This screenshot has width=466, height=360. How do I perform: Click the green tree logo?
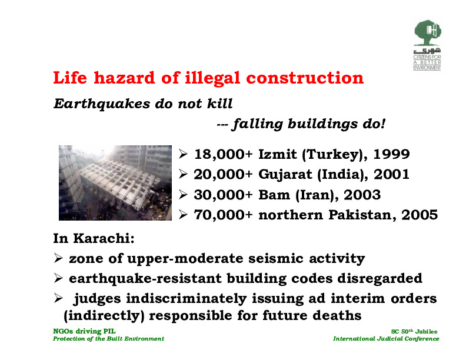point(427,33)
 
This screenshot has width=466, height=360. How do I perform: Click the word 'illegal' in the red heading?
point(212,78)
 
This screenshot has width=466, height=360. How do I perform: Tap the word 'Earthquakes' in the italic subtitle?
point(102,104)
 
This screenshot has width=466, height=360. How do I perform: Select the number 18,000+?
point(223,155)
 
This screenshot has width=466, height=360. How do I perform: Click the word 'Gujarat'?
point(285,175)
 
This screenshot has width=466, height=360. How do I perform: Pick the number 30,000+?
point(223,195)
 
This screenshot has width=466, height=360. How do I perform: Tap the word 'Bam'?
point(274,195)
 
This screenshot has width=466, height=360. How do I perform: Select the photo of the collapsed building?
point(115,183)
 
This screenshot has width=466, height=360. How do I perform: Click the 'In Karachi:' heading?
point(94,238)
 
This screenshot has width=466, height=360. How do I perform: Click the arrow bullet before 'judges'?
point(58,298)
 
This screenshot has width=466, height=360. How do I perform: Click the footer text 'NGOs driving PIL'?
point(84,331)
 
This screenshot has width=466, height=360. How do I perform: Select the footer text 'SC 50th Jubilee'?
point(414,331)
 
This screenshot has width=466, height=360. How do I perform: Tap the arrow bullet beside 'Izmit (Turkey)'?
point(183,154)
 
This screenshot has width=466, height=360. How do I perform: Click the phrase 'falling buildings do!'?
point(308,124)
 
